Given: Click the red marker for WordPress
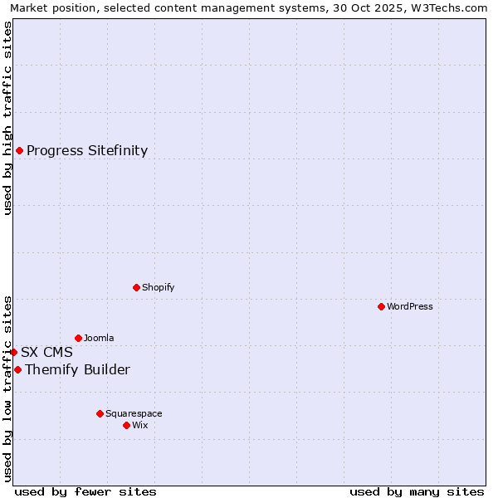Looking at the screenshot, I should [381, 306].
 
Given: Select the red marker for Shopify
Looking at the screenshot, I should [136, 287].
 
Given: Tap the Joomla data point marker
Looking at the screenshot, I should [78, 338].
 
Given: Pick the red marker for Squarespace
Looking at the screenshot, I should [100, 413].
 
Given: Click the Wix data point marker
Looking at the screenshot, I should [126, 425].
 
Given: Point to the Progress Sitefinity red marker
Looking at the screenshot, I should [19, 150].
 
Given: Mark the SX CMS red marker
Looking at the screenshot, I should [13, 352].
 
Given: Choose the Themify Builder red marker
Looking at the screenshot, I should [17, 369].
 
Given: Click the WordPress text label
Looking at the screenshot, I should [410, 306].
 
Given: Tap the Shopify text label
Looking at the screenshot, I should [159, 287].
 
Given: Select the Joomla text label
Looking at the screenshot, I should [99, 338].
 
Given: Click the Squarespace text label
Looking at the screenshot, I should [134, 413].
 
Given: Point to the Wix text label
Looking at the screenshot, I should [140, 425].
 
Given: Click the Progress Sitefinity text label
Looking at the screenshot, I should [87, 150].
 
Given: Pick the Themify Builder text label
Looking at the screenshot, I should [77, 369].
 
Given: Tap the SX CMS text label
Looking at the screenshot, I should [46, 352].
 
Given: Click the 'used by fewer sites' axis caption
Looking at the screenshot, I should [85, 491].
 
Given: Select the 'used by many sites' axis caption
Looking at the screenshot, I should [417, 491].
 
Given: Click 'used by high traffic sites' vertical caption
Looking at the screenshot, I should [7, 118].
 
